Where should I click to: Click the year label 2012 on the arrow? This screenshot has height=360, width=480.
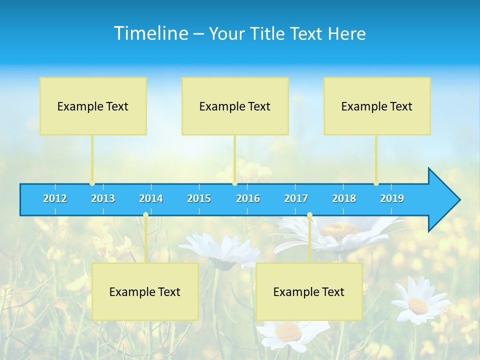[55, 198]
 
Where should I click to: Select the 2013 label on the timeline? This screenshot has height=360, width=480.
[103, 198]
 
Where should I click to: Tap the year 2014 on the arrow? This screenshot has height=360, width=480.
[151, 198]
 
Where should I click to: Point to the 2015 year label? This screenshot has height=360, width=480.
[199, 198]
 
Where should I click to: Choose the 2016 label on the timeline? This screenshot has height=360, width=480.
[248, 198]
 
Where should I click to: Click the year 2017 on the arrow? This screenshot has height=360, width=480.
[296, 198]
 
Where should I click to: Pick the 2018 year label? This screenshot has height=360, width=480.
[344, 198]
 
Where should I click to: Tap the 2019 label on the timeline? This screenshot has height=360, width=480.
[392, 198]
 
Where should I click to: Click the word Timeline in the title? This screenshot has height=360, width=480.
[150, 33]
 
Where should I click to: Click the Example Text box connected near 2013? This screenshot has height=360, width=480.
[93, 106]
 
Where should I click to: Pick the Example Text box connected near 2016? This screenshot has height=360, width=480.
[235, 106]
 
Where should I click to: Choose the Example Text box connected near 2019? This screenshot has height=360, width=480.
[377, 106]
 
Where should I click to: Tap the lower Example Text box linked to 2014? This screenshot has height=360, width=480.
[145, 291]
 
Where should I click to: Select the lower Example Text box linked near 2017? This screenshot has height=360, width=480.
[309, 291]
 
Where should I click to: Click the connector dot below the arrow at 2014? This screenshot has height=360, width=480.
[145, 215]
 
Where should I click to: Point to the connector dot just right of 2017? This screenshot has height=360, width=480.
[309, 215]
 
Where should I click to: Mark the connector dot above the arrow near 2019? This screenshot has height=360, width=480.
[376, 183]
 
